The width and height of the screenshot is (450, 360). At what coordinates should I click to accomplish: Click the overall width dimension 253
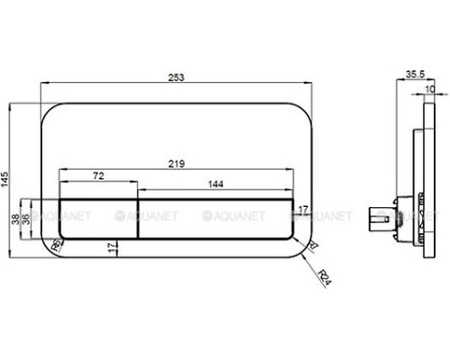coord(176,78)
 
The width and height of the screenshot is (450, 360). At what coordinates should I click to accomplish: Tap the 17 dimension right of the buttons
coord(302,210)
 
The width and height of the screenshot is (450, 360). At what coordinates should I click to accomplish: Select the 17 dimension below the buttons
coord(112,247)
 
